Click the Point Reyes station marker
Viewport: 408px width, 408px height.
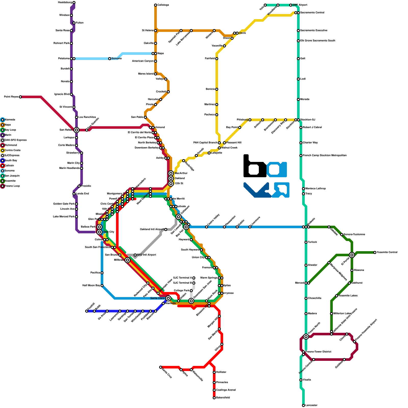pos(20,97)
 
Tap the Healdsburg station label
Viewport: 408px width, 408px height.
pos(65,3)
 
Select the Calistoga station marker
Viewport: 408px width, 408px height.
pos(156,5)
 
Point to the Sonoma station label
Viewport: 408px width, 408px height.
pos(117,59)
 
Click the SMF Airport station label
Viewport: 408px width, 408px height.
pos(300,5)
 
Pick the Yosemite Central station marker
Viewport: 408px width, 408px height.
pos(375,252)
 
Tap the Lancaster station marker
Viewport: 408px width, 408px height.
pos(303,405)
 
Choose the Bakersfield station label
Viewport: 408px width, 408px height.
pos(223,398)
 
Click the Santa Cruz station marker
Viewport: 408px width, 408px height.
pos(161,367)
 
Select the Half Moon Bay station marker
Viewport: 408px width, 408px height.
pos(102,286)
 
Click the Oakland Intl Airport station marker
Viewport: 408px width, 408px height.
pos(166,229)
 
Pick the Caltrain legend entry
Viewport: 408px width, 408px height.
pos(9,166)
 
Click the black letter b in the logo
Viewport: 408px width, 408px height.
pos(254,167)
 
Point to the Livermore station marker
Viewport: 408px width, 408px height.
pos(250,227)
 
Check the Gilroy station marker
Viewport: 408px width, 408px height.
pos(222,344)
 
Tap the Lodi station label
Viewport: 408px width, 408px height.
pos(303,79)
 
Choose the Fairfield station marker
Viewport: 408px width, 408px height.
pos(217,59)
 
